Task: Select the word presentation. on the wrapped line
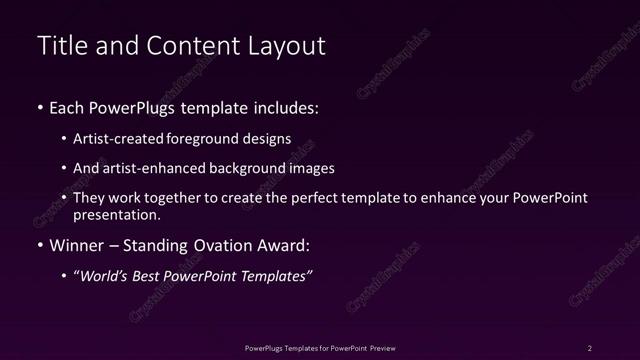116,214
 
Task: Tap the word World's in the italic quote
106,276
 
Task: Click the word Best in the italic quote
151,276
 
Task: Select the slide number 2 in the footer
590,347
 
